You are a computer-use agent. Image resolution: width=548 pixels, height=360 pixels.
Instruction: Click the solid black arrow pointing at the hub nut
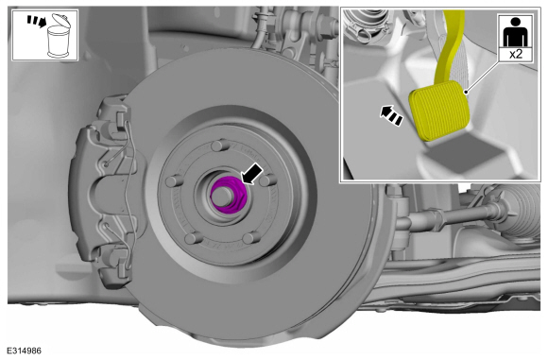pyautogui.click(x=252, y=173)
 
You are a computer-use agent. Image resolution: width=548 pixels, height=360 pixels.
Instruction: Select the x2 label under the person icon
pyautogui.click(x=516, y=55)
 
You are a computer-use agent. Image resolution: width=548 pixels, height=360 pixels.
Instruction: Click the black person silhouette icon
pyautogui.click(x=516, y=32)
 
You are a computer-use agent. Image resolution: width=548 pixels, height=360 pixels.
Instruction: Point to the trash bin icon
pyautogui.click(x=59, y=36)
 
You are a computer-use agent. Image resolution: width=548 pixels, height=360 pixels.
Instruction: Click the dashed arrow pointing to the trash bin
pyautogui.click(x=37, y=21)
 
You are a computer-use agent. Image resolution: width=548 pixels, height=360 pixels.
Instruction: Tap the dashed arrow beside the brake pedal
pyautogui.click(x=391, y=115)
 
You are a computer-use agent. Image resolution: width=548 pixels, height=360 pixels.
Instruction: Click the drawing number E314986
pyautogui.click(x=25, y=351)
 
